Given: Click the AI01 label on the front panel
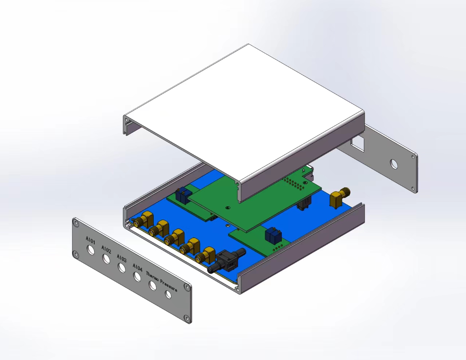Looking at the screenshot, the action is [x=90, y=240].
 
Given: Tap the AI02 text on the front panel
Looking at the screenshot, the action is [x=106, y=249].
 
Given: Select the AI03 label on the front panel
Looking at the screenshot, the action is [x=122, y=258].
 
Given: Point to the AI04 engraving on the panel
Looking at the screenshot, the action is [x=138, y=268].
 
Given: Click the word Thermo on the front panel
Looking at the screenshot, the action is [x=153, y=277].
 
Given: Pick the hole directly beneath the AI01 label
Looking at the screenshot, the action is [x=91, y=250].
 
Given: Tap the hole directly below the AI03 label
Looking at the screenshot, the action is [x=122, y=268].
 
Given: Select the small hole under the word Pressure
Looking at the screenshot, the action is [x=168, y=294].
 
